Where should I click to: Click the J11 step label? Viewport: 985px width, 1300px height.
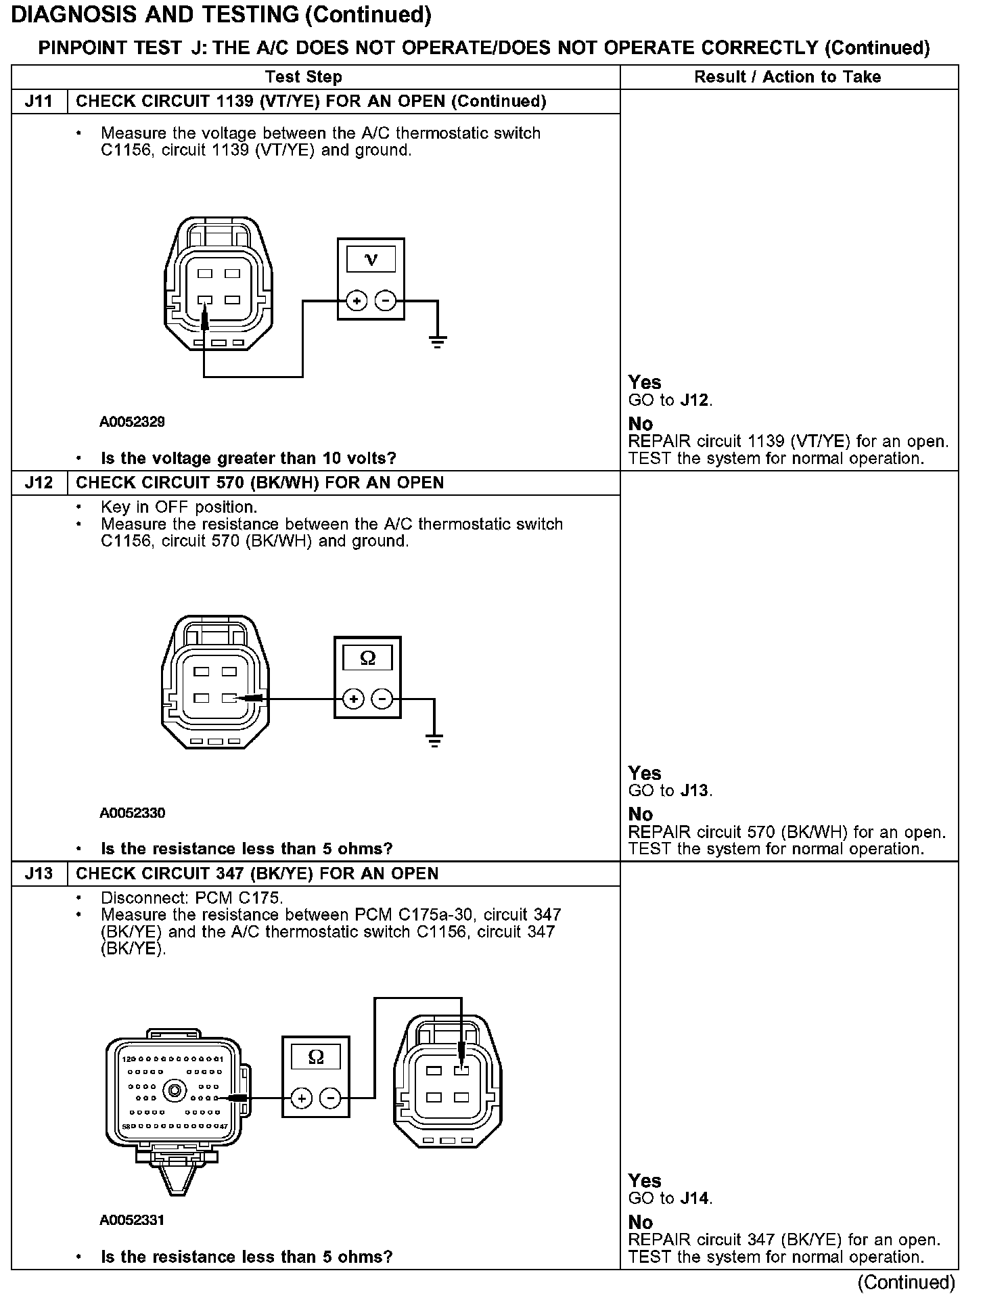(39, 101)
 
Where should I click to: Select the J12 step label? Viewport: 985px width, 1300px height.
(39, 483)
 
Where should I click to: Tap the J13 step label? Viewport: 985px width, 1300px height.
(39, 874)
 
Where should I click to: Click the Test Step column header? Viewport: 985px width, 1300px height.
(304, 77)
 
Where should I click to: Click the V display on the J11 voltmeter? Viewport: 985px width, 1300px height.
(371, 259)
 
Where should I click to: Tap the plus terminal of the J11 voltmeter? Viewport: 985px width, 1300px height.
(357, 300)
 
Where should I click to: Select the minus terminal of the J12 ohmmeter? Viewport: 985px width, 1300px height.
(382, 699)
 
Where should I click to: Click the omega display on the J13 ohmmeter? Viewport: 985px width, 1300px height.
(316, 1057)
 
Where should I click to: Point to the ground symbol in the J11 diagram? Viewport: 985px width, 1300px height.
(438, 341)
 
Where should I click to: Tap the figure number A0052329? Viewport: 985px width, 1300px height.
(132, 422)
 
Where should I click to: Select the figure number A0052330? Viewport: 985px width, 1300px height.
(132, 813)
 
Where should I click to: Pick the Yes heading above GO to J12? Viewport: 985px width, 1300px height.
(644, 382)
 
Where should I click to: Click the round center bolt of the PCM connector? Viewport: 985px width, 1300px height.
(176, 1090)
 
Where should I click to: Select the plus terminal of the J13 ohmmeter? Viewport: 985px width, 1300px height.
(302, 1098)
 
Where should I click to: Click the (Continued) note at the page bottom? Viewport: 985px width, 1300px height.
(906, 1282)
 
